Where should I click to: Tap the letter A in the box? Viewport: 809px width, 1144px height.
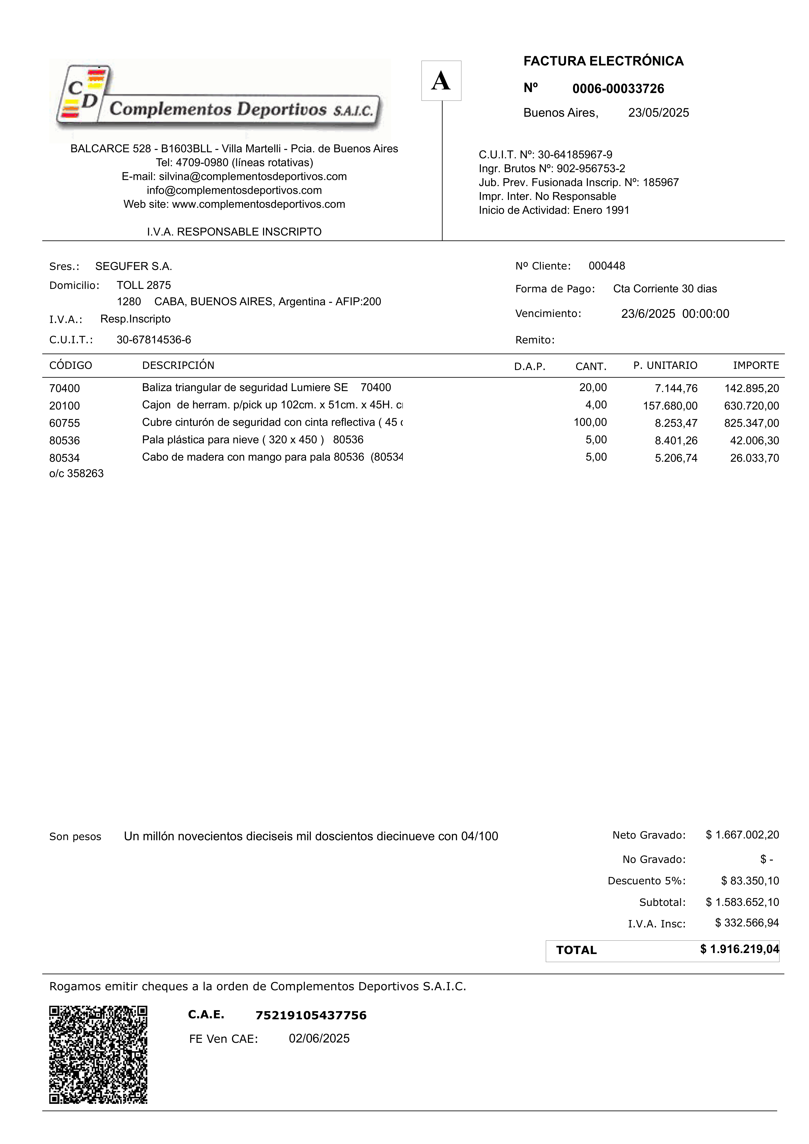[x=441, y=81]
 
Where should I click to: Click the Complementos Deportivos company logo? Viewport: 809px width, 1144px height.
[x=219, y=100]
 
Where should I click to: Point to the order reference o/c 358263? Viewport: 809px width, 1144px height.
[x=76, y=473]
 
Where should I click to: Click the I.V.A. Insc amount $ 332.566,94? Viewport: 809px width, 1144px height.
[x=747, y=923]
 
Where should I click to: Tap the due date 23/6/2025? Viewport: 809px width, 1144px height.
[x=648, y=314]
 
